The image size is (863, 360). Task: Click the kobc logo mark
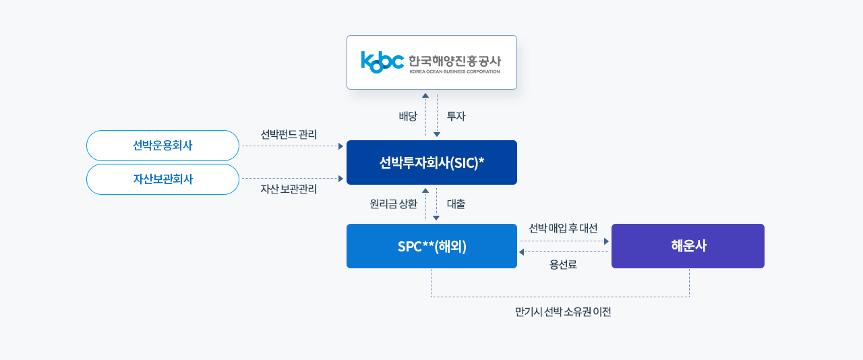pyautogui.click(x=382, y=61)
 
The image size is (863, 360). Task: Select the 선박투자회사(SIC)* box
pyautogui.click(x=431, y=162)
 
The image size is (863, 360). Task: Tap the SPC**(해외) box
pyautogui.click(x=431, y=246)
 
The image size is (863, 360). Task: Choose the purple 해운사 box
pyautogui.click(x=688, y=246)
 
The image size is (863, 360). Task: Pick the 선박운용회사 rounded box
pyautogui.click(x=162, y=146)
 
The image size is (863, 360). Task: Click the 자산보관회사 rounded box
pyautogui.click(x=162, y=179)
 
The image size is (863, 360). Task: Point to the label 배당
pyautogui.click(x=408, y=117)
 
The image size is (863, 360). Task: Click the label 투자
pyautogui.click(x=456, y=117)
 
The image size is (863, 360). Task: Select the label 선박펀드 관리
pyautogui.click(x=289, y=134)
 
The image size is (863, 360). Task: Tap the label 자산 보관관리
pyautogui.click(x=289, y=189)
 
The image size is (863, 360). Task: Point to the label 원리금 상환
pyautogui.click(x=393, y=204)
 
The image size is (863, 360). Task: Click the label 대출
pyautogui.click(x=456, y=204)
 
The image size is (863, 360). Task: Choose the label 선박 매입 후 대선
pyautogui.click(x=563, y=229)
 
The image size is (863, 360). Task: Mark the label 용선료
pyautogui.click(x=563, y=265)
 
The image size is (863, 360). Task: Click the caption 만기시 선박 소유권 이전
pyautogui.click(x=563, y=312)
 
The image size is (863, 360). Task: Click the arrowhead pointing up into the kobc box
pyautogui.click(x=425, y=96)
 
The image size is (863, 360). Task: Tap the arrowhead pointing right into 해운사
pyautogui.click(x=606, y=241)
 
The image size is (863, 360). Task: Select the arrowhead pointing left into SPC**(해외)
pyautogui.click(x=521, y=252)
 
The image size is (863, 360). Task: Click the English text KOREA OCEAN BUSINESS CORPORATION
pyautogui.click(x=454, y=71)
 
